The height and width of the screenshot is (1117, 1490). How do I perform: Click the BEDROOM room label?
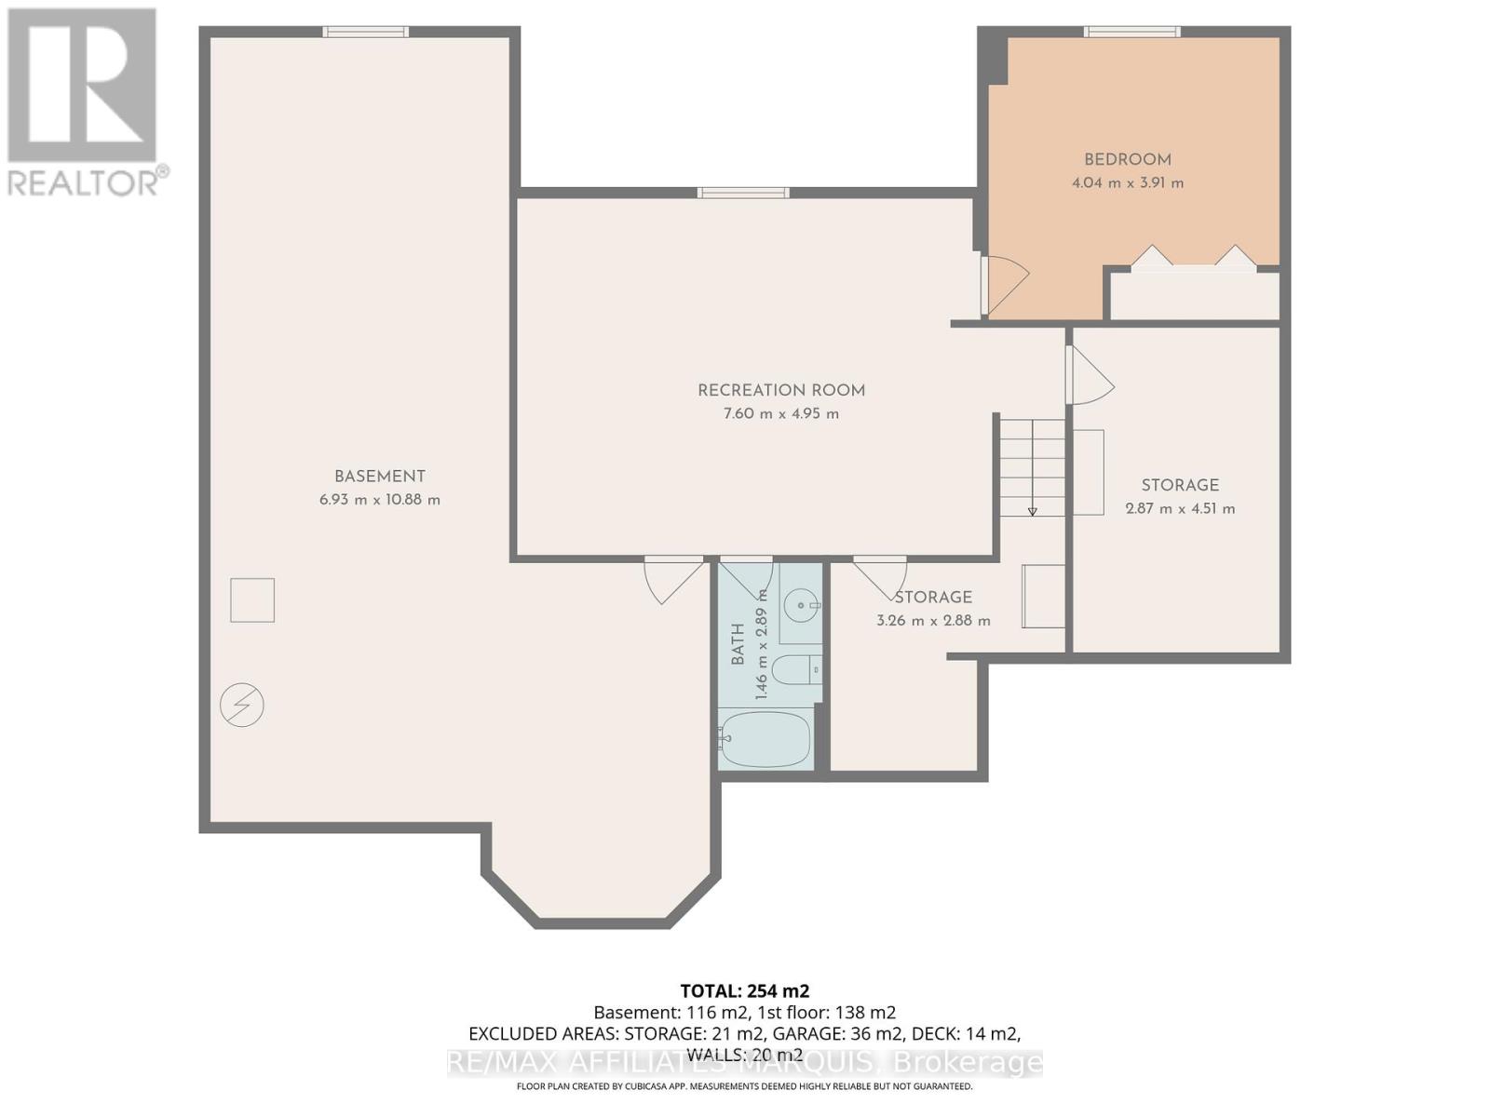[1128, 160]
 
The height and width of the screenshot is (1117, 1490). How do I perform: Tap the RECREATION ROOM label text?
[781, 391]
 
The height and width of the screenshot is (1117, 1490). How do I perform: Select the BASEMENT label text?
[380, 476]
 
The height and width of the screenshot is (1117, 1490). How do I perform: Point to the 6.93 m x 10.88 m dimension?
[380, 500]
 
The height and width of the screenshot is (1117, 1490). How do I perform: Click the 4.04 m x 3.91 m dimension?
[1128, 183]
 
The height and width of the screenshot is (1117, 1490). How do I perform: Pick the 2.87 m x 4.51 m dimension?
[1181, 508]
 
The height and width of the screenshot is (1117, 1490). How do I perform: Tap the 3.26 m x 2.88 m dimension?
[933, 621]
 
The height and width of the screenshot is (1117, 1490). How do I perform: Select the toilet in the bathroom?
[797, 670]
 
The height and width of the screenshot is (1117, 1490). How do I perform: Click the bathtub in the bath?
[765, 738]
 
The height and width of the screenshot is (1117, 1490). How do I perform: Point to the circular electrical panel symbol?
[241, 706]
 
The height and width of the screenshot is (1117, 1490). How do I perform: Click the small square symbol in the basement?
[252, 600]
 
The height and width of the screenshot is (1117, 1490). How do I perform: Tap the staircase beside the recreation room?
[1032, 468]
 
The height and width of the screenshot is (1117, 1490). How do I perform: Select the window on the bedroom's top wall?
[1131, 32]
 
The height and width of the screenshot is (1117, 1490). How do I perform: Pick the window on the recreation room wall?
[743, 193]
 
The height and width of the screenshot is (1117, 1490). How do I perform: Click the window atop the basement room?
[365, 32]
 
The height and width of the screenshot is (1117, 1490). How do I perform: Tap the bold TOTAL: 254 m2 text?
[745, 991]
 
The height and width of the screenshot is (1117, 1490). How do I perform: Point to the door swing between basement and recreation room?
[673, 581]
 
